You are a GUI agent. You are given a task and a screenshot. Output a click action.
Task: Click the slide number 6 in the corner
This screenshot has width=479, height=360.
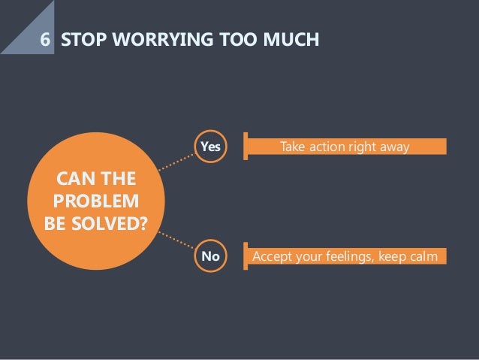(47, 38)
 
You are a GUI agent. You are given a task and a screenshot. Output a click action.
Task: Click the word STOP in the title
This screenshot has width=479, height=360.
(83, 38)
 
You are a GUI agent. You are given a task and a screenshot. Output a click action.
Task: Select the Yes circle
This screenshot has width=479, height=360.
(210, 147)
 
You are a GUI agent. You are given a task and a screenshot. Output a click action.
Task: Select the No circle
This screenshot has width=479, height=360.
(210, 257)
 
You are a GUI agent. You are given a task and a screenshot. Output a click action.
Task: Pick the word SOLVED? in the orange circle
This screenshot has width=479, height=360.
(110, 224)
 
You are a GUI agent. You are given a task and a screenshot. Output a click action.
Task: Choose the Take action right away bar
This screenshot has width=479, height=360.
(345, 147)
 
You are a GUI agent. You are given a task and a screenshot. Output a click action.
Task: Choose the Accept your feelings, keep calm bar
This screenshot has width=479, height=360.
(345, 257)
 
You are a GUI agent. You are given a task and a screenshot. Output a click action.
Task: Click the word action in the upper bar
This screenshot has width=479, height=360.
(325, 147)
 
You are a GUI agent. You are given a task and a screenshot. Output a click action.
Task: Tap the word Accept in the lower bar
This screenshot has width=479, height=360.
(272, 257)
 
